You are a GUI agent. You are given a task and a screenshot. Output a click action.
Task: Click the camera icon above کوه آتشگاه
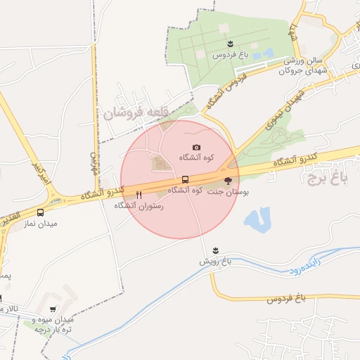[x=196, y=147]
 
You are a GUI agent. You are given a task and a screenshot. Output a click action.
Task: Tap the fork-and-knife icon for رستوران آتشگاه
[x=139, y=195]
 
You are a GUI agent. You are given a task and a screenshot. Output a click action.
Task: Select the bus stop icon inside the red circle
[x=185, y=179]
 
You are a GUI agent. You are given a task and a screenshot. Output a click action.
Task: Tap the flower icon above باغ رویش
[x=215, y=250]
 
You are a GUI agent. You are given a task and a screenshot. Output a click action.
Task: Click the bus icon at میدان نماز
[x=39, y=212]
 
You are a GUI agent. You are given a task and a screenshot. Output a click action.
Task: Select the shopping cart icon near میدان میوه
[x=53, y=309]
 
